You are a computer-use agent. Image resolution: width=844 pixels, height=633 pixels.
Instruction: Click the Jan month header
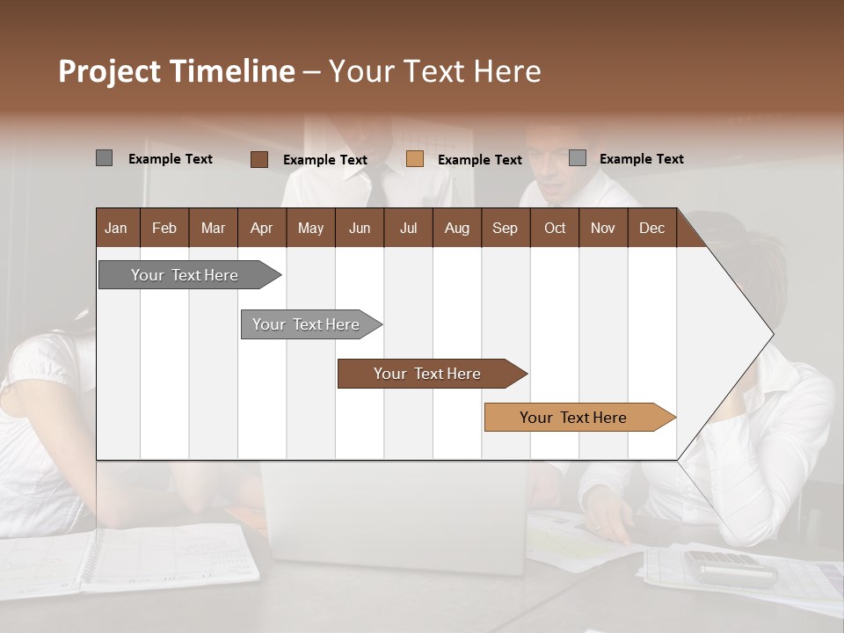tap(116, 228)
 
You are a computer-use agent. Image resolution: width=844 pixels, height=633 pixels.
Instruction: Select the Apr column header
tap(261, 228)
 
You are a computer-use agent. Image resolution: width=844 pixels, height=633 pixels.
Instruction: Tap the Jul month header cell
tap(408, 228)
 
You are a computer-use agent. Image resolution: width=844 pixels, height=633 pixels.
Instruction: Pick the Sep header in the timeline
tap(505, 228)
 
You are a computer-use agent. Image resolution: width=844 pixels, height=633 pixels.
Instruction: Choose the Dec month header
tap(651, 228)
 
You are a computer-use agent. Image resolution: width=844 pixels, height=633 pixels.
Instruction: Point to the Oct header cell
tap(555, 228)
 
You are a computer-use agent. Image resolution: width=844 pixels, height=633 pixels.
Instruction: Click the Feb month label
tap(164, 228)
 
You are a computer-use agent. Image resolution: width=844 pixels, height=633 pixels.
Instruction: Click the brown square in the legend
tap(259, 159)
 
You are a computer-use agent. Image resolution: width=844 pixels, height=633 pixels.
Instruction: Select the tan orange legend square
tap(415, 159)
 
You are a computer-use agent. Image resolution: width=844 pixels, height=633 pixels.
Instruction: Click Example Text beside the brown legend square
tap(324, 160)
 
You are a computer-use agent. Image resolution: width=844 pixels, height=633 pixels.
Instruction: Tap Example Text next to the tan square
tap(479, 160)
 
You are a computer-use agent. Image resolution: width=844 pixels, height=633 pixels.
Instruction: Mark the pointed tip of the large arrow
tap(772, 334)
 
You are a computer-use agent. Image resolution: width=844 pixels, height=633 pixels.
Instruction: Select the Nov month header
tap(602, 228)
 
